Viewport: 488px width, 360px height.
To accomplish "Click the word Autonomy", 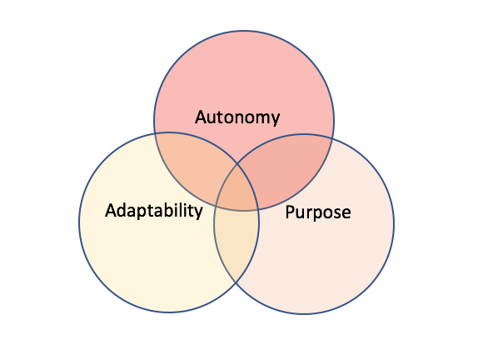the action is [237, 117].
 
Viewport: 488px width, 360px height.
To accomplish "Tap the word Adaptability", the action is [154, 211].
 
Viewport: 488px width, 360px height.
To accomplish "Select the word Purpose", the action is [318, 212].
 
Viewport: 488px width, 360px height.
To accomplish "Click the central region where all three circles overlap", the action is [237, 190].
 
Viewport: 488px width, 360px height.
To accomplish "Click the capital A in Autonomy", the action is [202, 117].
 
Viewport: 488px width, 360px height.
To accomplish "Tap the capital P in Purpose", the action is [290, 212].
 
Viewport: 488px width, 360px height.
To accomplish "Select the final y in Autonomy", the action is [275, 120].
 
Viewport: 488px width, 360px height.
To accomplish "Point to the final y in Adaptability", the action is [197, 213].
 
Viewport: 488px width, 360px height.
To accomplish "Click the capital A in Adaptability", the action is [112, 210].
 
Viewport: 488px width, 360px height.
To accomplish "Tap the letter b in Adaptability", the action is [172, 210].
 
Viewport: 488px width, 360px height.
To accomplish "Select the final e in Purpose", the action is [346, 213].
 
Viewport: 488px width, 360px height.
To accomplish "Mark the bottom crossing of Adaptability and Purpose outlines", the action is [236, 283].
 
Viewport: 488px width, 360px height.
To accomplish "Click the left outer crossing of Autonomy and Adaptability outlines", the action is [155, 133].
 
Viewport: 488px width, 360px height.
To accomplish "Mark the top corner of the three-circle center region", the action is [237, 163].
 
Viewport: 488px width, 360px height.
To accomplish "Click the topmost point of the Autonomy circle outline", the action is [244, 31].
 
